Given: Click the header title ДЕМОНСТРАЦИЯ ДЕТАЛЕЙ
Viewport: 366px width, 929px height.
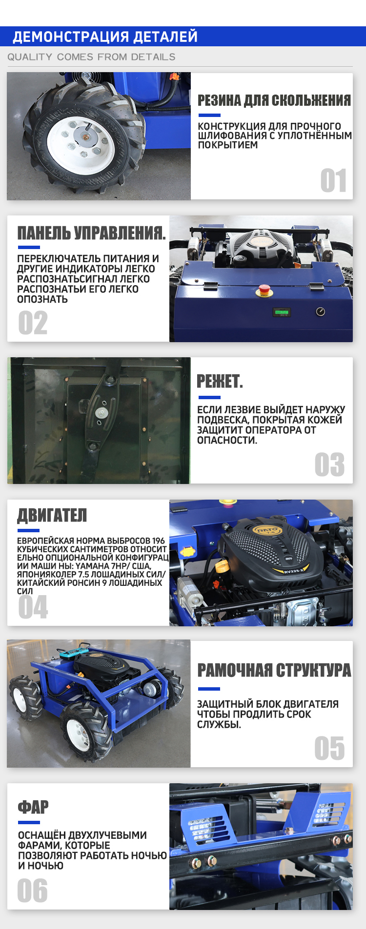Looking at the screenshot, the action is (105, 37).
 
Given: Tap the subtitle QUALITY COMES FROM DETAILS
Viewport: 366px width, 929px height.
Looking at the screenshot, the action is (91, 57).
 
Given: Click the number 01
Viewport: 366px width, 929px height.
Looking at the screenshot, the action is (334, 181).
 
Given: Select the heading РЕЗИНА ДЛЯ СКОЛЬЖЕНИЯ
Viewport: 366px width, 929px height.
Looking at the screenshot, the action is (274, 100).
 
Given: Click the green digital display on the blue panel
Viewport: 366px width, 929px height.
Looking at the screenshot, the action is (282, 312).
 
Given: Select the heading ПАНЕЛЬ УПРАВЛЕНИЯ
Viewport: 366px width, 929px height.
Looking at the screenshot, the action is (91, 233).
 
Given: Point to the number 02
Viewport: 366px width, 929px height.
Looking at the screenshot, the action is (33, 323).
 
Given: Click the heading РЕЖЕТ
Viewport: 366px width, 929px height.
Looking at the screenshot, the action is (220, 381).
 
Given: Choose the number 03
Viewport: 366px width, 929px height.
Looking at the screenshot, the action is (330, 464).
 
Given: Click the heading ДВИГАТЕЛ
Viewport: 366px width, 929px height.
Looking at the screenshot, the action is (52, 515).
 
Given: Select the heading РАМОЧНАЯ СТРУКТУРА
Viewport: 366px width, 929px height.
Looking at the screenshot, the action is (274, 670).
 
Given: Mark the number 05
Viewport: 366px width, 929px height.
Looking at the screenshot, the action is (330, 748).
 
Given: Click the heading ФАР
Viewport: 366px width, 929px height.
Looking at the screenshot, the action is (33, 807).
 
